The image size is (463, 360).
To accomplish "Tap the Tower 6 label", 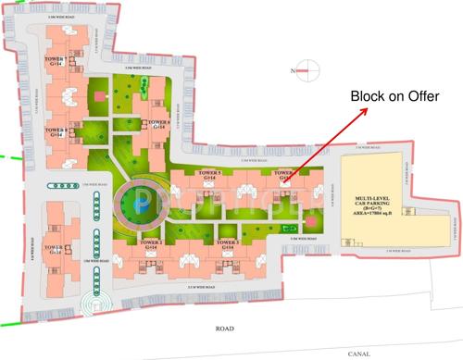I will tap(158, 123).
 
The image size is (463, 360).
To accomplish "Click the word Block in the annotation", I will tap(369, 96).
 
